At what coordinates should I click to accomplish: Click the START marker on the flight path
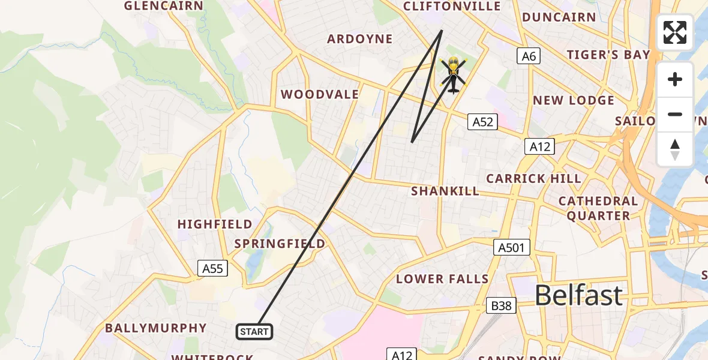(x=255, y=332)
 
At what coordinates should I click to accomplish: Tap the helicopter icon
(x=453, y=74)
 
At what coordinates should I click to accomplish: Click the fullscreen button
(x=675, y=32)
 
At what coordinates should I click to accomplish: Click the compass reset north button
(x=675, y=149)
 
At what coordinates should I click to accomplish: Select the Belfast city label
(x=578, y=295)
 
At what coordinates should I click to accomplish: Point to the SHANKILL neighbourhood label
(x=445, y=191)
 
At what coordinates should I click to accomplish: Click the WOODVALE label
(x=320, y=94)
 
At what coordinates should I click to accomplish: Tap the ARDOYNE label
(x=360, y=39)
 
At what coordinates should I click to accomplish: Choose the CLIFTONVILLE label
(x=452, y=7)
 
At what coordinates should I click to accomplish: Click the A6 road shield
(x=528, y=56)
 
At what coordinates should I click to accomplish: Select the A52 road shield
(x=482, y=122)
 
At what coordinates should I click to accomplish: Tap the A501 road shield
(x=512, y=247)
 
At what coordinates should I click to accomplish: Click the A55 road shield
(x=212, y=269)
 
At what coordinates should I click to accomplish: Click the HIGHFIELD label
(x=215, y=224)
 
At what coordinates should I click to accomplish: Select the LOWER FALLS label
(x=442, y=279)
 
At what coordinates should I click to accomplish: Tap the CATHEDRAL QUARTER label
(x=598, y=208)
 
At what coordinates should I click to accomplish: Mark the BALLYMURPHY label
(x=156, y=328)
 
